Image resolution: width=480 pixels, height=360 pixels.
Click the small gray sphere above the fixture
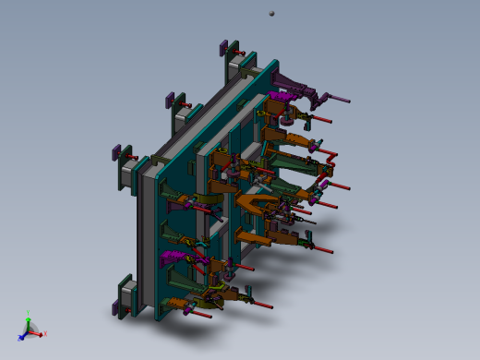point(271,13)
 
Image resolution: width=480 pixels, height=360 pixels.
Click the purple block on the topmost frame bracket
point(223,48)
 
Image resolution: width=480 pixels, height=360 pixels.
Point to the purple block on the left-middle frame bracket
point(116,150)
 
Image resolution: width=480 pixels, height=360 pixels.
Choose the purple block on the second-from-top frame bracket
point(169,100)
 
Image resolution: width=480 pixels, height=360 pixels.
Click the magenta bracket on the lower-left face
point(173,257)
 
